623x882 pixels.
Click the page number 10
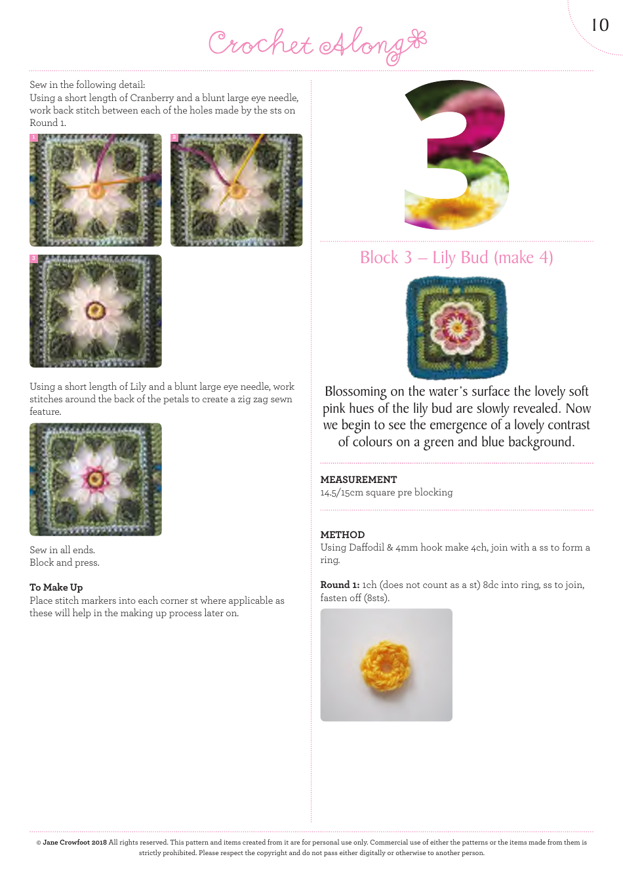click(600, 26)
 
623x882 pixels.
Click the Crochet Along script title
click(317, 45)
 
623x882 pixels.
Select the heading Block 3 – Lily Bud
click(456, 258)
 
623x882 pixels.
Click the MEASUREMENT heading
click(358, 480)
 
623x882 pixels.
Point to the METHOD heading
click(342, 535)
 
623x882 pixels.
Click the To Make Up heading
click(56, 587)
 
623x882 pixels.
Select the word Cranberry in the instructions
click(151, 98)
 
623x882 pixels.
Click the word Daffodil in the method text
click(363, 547)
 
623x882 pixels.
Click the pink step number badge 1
click(33, 138)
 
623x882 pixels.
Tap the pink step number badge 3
click(33, 259)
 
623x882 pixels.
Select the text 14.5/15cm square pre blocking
click(386, 492)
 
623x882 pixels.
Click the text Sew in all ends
click(62, 550)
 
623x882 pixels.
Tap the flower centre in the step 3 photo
click(96, 310)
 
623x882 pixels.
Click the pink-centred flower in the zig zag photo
click(96, 478)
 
